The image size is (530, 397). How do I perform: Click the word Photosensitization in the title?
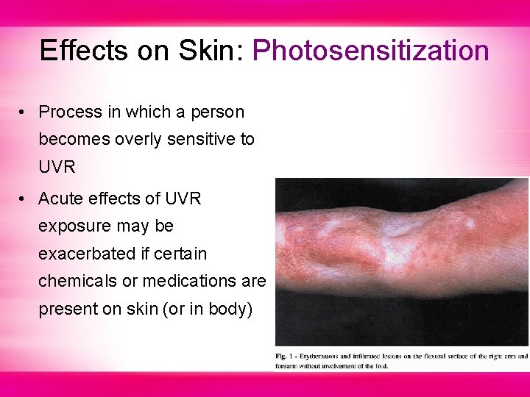[370, 51]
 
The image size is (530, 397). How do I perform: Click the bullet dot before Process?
[24, 112]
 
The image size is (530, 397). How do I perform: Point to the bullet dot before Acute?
[24, 199]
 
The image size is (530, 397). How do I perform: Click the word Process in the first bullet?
[70, 112]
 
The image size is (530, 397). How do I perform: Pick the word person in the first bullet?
[219, 112]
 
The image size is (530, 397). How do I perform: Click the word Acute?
[61, 199]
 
